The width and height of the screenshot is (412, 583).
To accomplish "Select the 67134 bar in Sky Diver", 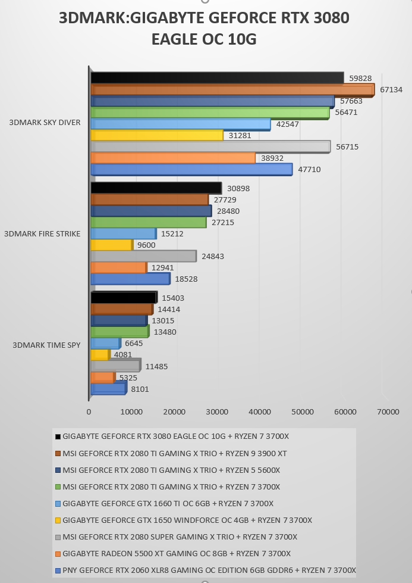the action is click(x=232, y=91).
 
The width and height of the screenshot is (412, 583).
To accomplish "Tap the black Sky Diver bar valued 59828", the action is click(x=218, y=77).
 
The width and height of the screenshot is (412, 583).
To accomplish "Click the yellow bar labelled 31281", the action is click(x=157, y=135).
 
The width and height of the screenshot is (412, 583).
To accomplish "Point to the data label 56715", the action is click(x=347, y=147).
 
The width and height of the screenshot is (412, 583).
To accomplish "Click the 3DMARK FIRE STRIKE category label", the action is click(x=42, y=234).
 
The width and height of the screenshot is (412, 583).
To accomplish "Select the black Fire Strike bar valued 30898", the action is click(x=156, y=188).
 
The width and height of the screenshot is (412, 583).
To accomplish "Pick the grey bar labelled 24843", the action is click(x=144, y=256).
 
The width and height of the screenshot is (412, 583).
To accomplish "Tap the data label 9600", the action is click(x=146, y=245).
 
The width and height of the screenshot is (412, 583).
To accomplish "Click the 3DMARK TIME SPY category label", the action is click(x=46, y=345).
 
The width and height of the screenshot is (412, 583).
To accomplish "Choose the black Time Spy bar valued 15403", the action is click(x=124, y=298).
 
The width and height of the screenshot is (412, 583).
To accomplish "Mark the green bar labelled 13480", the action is click(x=120, y=332).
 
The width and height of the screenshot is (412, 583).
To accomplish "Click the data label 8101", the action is click(x=140, y=389).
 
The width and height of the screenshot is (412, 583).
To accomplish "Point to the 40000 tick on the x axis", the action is click(x=260, y=412).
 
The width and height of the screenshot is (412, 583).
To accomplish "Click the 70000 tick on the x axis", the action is click(x=388, y=412).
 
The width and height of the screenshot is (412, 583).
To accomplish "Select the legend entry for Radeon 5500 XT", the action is click(x=173, y=554).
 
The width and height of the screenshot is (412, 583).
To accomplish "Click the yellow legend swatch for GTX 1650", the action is click(x=58, y=520).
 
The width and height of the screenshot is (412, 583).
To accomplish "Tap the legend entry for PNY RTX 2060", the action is click(x=205, y=570).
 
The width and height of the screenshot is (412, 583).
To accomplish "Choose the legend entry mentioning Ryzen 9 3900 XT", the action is click(x=171, y=454).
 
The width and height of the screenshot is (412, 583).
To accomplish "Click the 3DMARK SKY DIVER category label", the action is click(x=45, y=123).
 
